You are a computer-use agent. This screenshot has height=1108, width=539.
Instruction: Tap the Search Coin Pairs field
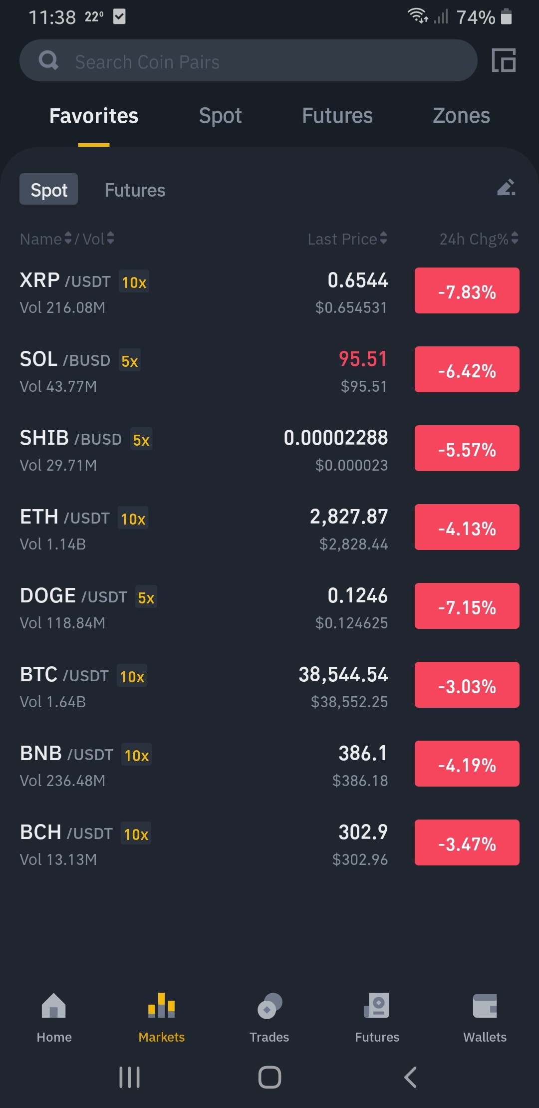click(x=248, y=60)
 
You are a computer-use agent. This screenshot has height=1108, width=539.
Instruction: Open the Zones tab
click(x=461, y=116)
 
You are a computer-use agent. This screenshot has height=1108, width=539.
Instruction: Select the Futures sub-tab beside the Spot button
click(x=135, y=190)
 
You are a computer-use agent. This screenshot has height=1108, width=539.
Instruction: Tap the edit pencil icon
click(x=506, y=187)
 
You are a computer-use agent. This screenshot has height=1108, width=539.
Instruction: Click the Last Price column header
click(x=342, y=239)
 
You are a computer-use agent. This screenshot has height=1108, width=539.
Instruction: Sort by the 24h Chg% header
click(x=474, y=239)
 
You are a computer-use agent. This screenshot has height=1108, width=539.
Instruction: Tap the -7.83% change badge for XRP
click(x=467, y=290)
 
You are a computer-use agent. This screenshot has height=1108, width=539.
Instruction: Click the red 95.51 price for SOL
click(x=363, y=359)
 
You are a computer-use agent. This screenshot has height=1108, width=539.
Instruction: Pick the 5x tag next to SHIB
click(x=141, y=439)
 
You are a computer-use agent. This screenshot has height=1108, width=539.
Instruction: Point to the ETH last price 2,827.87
click(x=349, y=517)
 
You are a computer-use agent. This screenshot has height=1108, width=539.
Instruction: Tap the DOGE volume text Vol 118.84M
click(x=62, y=623)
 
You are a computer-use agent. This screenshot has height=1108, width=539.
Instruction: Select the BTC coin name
click(x=38, y=674)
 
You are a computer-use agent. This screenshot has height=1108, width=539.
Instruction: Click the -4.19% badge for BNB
click(x=467, y=764)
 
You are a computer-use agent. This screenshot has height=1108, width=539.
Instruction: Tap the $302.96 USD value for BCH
click(x=360, y=859)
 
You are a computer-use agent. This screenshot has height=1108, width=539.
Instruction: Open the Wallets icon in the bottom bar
click(x=485, y=1006)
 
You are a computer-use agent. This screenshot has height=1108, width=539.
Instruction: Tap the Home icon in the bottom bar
click(x=54, y=1005)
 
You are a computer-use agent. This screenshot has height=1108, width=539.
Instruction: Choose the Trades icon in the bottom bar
click(x=269, y=1006)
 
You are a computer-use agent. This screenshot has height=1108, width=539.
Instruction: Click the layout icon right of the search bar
click(x=504, y=60)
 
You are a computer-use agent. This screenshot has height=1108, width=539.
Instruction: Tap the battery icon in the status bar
click(x=506, y=16)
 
